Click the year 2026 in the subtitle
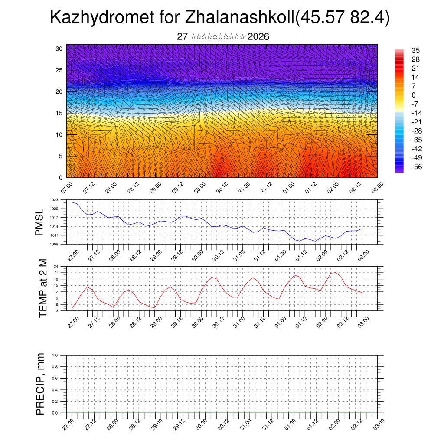258,37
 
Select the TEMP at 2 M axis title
43,288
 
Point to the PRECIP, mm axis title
40,384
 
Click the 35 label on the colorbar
415,51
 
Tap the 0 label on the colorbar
413,95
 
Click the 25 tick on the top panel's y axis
59,70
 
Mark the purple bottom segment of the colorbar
399,170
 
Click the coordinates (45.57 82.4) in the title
342,18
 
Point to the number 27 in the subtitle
182,37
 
